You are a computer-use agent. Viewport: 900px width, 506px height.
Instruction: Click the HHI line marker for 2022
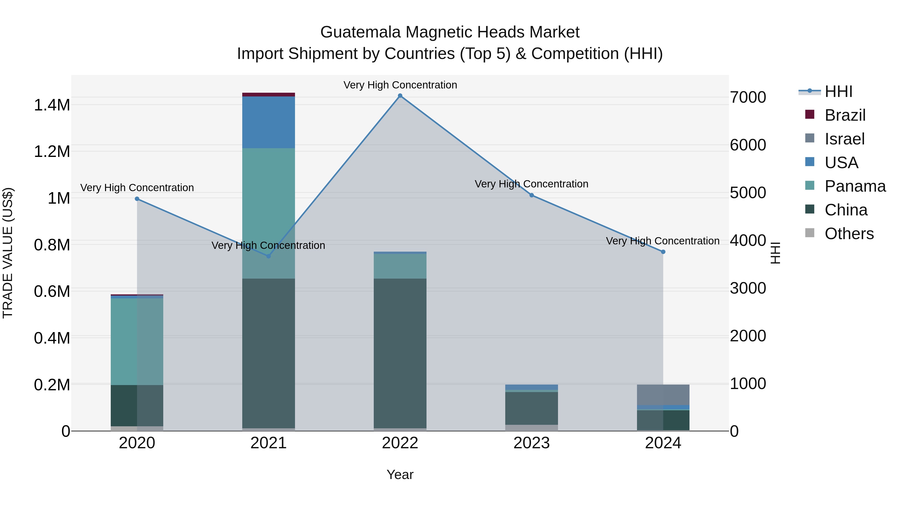coord(400,96)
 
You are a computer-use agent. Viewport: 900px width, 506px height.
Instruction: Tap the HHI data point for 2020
coord(137,199)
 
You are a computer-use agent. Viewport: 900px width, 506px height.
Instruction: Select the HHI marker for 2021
coord(268,256)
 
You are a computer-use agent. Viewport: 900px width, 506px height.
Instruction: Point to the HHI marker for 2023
coord(531,195)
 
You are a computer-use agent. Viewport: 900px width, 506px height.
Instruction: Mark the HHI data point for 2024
coord(663,252)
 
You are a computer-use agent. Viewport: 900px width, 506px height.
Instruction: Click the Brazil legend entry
coord(845,115)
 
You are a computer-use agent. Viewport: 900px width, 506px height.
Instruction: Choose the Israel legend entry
coord(844,139)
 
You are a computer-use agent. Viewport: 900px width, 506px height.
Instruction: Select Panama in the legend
coord(854,186)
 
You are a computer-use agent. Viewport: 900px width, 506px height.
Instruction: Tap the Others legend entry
coord(849,234)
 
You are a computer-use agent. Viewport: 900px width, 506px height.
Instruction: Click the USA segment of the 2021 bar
coord(268,122)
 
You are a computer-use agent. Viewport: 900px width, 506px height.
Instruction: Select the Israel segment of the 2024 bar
coord(663,395)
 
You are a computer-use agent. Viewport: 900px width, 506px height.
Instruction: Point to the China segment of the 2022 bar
coord(400,353)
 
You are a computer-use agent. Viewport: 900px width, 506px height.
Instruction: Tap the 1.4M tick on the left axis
coord(52,105)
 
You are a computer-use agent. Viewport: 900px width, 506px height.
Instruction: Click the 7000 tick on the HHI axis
coord(748,97)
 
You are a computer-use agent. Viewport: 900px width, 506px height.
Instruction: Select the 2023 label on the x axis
coord(531,443)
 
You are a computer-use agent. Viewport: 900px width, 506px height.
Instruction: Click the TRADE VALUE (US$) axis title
coord(8,253)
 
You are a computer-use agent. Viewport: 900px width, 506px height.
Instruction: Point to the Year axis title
coord(400,475)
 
